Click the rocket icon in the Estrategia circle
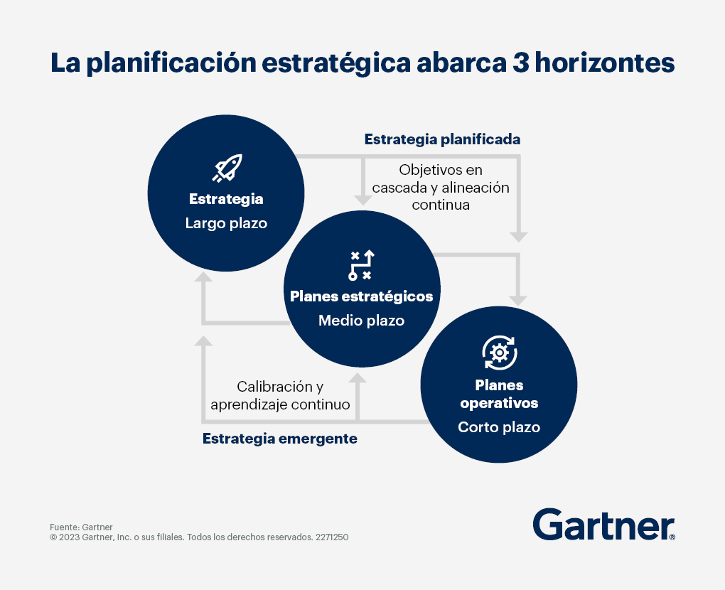227,168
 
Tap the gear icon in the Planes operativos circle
500,353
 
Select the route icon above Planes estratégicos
361,265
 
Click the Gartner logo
604,525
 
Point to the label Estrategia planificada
443,139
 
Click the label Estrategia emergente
280,439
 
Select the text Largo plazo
226,223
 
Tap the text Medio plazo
362,321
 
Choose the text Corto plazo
499,427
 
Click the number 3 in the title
520,63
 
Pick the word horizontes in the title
605,63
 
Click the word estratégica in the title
336,63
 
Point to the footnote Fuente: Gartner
81,527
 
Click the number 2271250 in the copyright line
332,537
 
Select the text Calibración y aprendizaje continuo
280,395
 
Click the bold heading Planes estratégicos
362,296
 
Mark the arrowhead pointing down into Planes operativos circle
518,301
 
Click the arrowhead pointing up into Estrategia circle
203,277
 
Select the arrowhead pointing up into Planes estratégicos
358,377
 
